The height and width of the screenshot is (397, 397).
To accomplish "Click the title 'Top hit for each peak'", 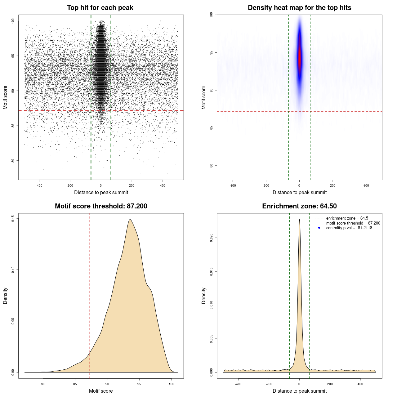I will click(100, 8).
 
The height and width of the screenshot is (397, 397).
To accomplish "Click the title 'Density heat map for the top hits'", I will click(299, 8).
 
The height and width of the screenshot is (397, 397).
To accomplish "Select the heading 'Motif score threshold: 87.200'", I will click(101, 206).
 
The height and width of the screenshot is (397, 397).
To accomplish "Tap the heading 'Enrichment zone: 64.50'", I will click(299, 206).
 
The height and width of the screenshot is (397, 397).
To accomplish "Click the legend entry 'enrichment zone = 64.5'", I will click(347, 218).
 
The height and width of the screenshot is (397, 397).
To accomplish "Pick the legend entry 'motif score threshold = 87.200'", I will click(353, 223).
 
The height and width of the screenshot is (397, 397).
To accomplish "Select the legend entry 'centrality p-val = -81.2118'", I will click(349, 228).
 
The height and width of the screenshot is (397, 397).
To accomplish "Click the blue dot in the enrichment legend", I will click(319, 228).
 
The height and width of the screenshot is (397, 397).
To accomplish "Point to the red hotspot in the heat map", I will click(300, 59).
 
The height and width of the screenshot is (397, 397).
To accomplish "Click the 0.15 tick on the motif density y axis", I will click(13, 219).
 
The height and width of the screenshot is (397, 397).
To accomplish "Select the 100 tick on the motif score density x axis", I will click(172, 384).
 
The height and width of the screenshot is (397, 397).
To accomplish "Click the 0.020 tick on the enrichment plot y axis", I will click(211, 238).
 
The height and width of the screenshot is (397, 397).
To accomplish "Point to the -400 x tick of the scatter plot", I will click(39, 185).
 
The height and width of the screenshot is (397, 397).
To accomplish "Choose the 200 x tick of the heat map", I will click(332, 185).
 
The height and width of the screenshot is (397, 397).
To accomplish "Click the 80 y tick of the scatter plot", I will click(13, 161).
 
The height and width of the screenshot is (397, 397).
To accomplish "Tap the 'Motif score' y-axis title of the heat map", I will click(204, 97).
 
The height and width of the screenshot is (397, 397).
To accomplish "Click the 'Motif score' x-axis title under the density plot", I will click(101, 391).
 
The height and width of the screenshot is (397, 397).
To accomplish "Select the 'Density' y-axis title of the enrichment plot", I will click(204, 296).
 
